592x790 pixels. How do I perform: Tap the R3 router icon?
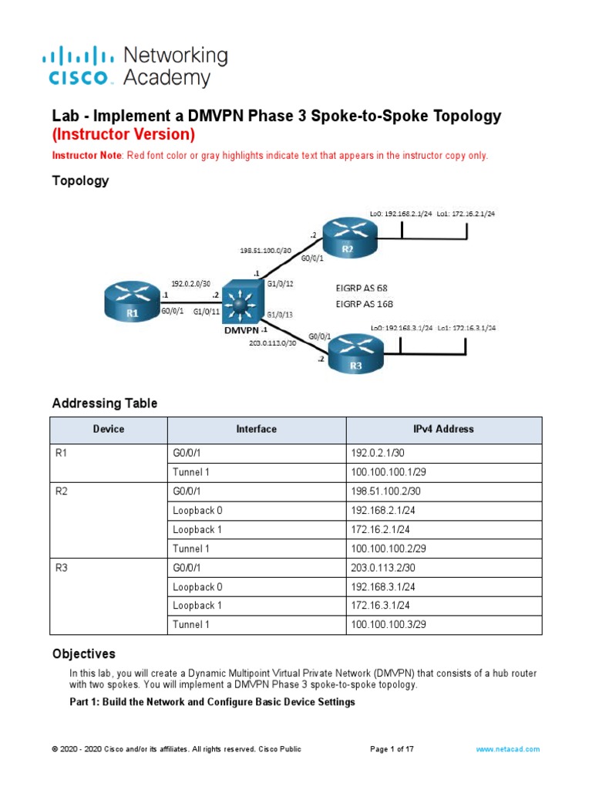(355, 354)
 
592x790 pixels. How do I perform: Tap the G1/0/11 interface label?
(205, 312)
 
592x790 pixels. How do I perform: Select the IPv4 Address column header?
(443, 429)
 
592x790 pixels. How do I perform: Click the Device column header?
(109, 429)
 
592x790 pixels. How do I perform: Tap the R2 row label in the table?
(62, 491)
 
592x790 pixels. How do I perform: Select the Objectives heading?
(83, 654)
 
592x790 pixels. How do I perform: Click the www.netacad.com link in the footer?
(508, 749)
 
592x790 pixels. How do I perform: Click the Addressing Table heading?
(104, 403)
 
